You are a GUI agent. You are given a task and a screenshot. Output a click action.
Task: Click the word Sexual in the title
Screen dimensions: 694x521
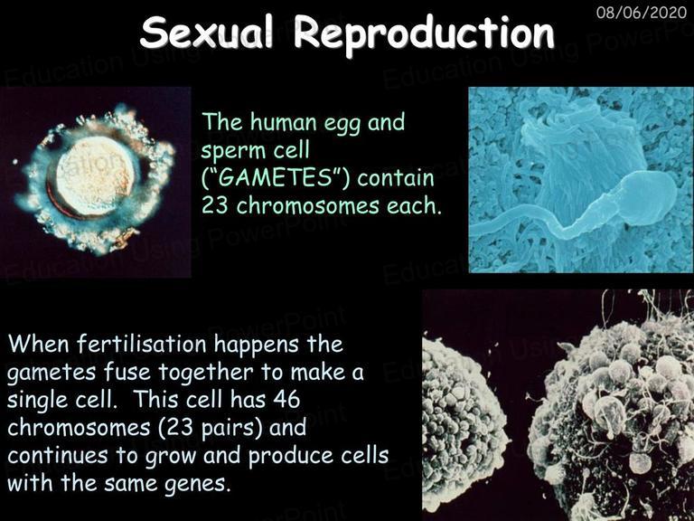point(207,33)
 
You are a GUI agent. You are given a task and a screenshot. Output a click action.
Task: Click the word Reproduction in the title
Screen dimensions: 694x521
point(424,33)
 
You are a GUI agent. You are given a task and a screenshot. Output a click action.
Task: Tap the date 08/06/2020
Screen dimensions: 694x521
point(642,12)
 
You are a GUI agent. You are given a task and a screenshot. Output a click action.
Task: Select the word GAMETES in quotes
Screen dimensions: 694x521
point(276,177)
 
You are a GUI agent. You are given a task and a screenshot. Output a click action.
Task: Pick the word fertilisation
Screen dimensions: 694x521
point(142,344)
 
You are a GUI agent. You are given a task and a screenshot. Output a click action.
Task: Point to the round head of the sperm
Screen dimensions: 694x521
point(649,194)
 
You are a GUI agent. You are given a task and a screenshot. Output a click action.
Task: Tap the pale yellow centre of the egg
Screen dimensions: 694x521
point(96,175)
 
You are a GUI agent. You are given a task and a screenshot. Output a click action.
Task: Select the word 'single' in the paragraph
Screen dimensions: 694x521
point(37,400)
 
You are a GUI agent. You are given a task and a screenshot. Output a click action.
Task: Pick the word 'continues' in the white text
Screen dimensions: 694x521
point(57,456)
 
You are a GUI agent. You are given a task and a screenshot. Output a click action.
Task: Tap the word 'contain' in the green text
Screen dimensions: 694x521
point(396,177)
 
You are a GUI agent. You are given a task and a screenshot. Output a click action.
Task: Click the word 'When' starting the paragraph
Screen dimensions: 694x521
point(39,344)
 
